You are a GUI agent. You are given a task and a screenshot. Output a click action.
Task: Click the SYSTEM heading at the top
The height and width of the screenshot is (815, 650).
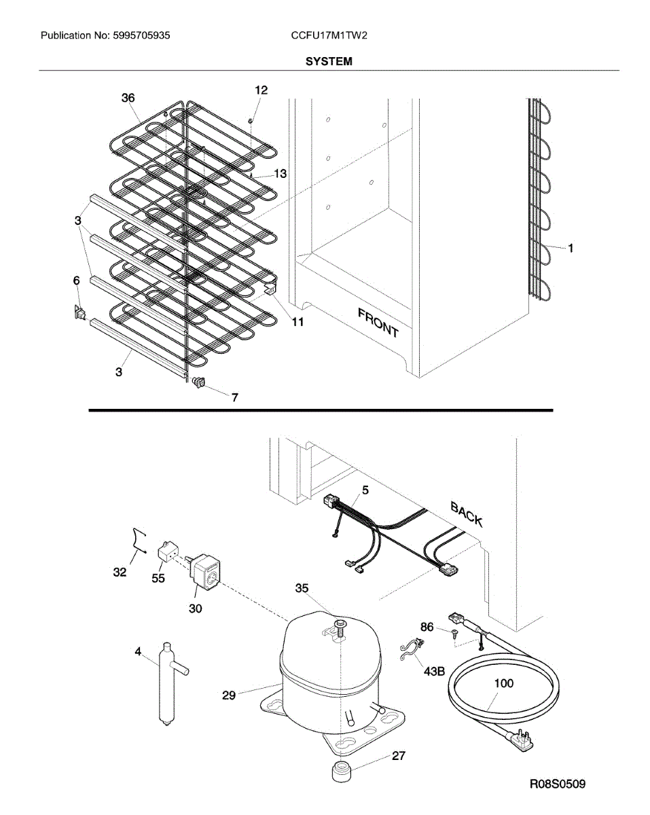(x=329, y=61)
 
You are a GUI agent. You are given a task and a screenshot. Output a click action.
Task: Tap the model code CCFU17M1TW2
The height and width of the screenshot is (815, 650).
(x=329, y=35)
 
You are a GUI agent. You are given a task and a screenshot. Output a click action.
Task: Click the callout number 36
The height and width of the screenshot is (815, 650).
(x=128, y=98)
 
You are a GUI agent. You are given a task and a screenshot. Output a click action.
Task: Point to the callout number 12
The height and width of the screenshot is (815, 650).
(x=261, y=90)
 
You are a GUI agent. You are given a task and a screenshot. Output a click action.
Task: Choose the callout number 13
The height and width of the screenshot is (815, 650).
(x=280, y=174)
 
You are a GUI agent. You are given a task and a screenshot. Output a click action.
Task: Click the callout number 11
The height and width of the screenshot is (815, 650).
(x=297, y=322)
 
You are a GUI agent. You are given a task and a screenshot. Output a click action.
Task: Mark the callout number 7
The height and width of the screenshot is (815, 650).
(x=234, y=398)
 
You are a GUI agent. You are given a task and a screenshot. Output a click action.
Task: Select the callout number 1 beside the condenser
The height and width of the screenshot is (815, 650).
(x=571, y=249)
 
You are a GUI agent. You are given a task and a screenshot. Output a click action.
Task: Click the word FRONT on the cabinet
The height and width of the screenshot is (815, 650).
(x=378, y=321)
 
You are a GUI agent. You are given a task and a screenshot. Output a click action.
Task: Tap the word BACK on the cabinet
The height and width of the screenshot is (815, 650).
(x=467, y=514)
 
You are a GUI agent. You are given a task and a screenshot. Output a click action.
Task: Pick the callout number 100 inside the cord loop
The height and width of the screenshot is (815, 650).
(x=503, y=683)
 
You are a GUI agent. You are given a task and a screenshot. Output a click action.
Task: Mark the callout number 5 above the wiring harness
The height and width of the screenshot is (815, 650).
(x=365, y=489)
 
